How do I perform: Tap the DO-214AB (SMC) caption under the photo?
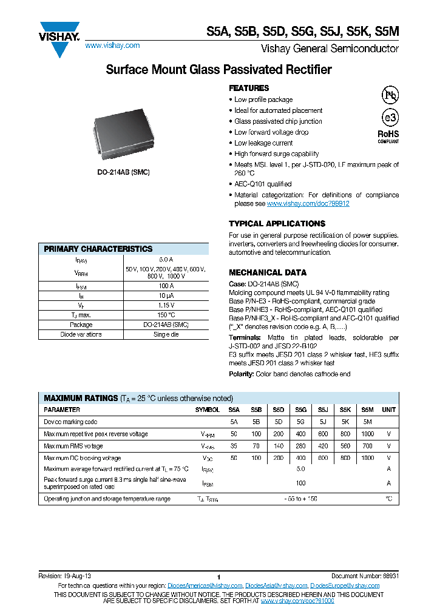123,172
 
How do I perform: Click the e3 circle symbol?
389,118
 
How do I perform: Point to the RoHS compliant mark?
388,135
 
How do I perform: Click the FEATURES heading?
249,88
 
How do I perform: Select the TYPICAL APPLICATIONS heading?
277,223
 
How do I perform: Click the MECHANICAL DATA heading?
268,272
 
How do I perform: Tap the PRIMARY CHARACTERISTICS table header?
98,249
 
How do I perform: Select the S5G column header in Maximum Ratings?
300,410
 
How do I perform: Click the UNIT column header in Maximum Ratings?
388,410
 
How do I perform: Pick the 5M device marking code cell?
367,422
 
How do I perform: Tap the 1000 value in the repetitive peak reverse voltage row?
367,434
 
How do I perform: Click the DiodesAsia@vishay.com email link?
276,585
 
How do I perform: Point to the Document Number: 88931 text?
365,575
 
